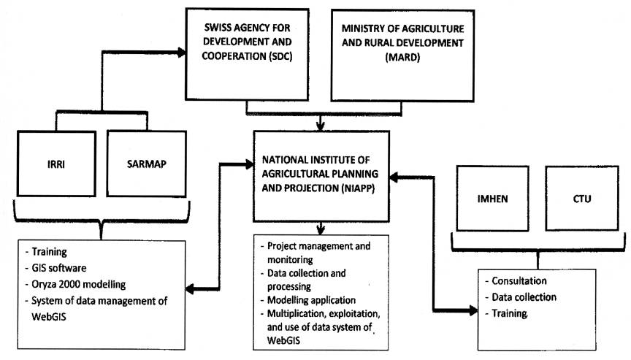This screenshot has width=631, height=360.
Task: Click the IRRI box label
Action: coord(56,164)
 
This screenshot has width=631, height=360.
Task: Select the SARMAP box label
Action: coord(147,164)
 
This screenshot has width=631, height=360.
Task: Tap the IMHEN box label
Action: coord(492,199)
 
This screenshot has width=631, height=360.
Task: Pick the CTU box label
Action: coord(582,199)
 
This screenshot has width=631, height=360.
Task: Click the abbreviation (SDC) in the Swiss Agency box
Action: coord(280,56)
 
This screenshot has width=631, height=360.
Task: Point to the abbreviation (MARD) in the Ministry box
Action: coord(402,57)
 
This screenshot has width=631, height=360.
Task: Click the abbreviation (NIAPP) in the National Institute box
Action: coord(359,188)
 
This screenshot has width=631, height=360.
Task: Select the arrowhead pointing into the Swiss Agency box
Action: coord(182,53)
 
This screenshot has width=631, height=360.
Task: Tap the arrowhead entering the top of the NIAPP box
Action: coord(321,126)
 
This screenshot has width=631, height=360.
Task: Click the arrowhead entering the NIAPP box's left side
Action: coord(250,164)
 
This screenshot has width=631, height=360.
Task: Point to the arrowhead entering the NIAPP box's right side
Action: coord(394,177)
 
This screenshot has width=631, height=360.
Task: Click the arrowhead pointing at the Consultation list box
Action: coord(473,310)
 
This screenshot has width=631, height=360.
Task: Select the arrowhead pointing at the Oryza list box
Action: coord(190,288)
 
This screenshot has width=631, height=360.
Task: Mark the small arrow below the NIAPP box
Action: coord(321,228)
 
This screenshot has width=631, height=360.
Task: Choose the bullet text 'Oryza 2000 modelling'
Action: coord(78,284)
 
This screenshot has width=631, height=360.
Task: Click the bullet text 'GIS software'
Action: coord(58,268)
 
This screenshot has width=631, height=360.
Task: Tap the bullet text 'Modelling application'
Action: coord(311,300)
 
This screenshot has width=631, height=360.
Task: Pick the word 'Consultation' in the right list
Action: coord(519,280)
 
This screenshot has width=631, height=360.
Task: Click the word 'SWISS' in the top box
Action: coord(216,28)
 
